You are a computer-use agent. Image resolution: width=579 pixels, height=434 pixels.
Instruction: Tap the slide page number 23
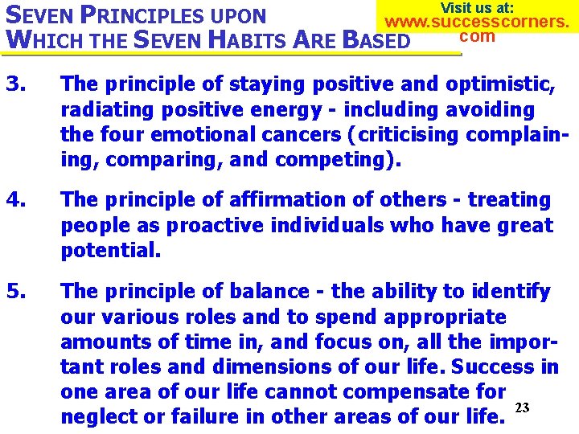(x=522, y=408)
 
